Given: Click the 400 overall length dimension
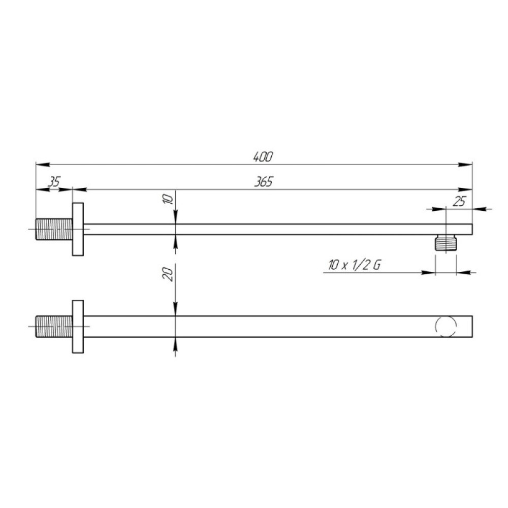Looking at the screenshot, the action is coord(263,157).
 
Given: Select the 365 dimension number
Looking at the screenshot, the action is coord(263,182).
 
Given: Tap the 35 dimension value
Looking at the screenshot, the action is coord(54,182).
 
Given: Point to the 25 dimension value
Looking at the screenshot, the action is coord(458,202).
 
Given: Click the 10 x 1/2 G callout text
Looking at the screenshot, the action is coord(355,265).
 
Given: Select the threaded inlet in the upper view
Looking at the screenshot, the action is coord(54,230).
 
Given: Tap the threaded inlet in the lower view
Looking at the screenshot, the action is coord(54,326).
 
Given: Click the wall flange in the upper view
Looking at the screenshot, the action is coord(78,230).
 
